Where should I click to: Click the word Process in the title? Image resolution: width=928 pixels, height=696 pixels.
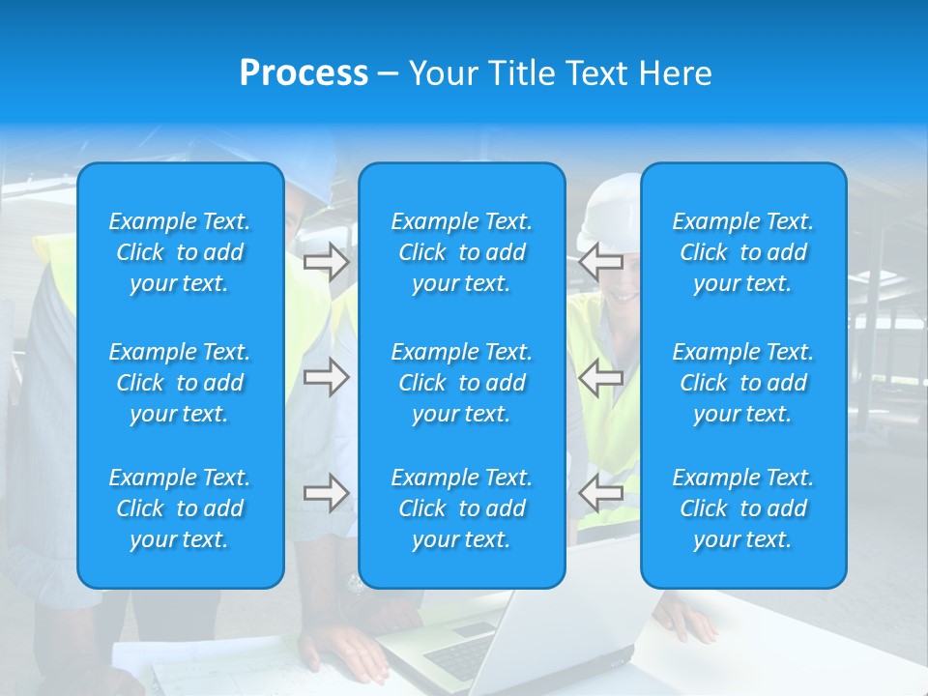[304, 73]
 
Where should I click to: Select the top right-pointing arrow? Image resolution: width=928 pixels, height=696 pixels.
[326, 261]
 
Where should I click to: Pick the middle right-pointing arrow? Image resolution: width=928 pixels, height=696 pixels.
[326, 377]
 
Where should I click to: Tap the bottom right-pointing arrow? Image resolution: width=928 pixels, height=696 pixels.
[326, 493]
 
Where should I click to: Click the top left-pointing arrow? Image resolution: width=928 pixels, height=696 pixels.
[601, 261]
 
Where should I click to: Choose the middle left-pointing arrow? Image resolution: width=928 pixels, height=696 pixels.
[601, 377]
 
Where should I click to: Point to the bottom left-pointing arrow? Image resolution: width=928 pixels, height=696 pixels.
[601, 493]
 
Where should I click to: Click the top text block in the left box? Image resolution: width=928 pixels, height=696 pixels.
[180, 252]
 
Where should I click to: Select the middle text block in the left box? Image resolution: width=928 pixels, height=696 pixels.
[180, 383]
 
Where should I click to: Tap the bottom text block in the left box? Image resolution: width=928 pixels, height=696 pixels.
[180, 508]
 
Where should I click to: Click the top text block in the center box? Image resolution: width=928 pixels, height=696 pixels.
[462, 252]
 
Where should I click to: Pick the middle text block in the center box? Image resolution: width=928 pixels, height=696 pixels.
[462, 383]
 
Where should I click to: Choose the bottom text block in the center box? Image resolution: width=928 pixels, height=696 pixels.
[462, 508]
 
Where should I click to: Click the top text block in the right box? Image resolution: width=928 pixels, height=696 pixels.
[743, 252]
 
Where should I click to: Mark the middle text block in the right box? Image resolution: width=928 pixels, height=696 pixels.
[743, 383]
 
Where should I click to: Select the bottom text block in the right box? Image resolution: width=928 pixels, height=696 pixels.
[743, 508]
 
